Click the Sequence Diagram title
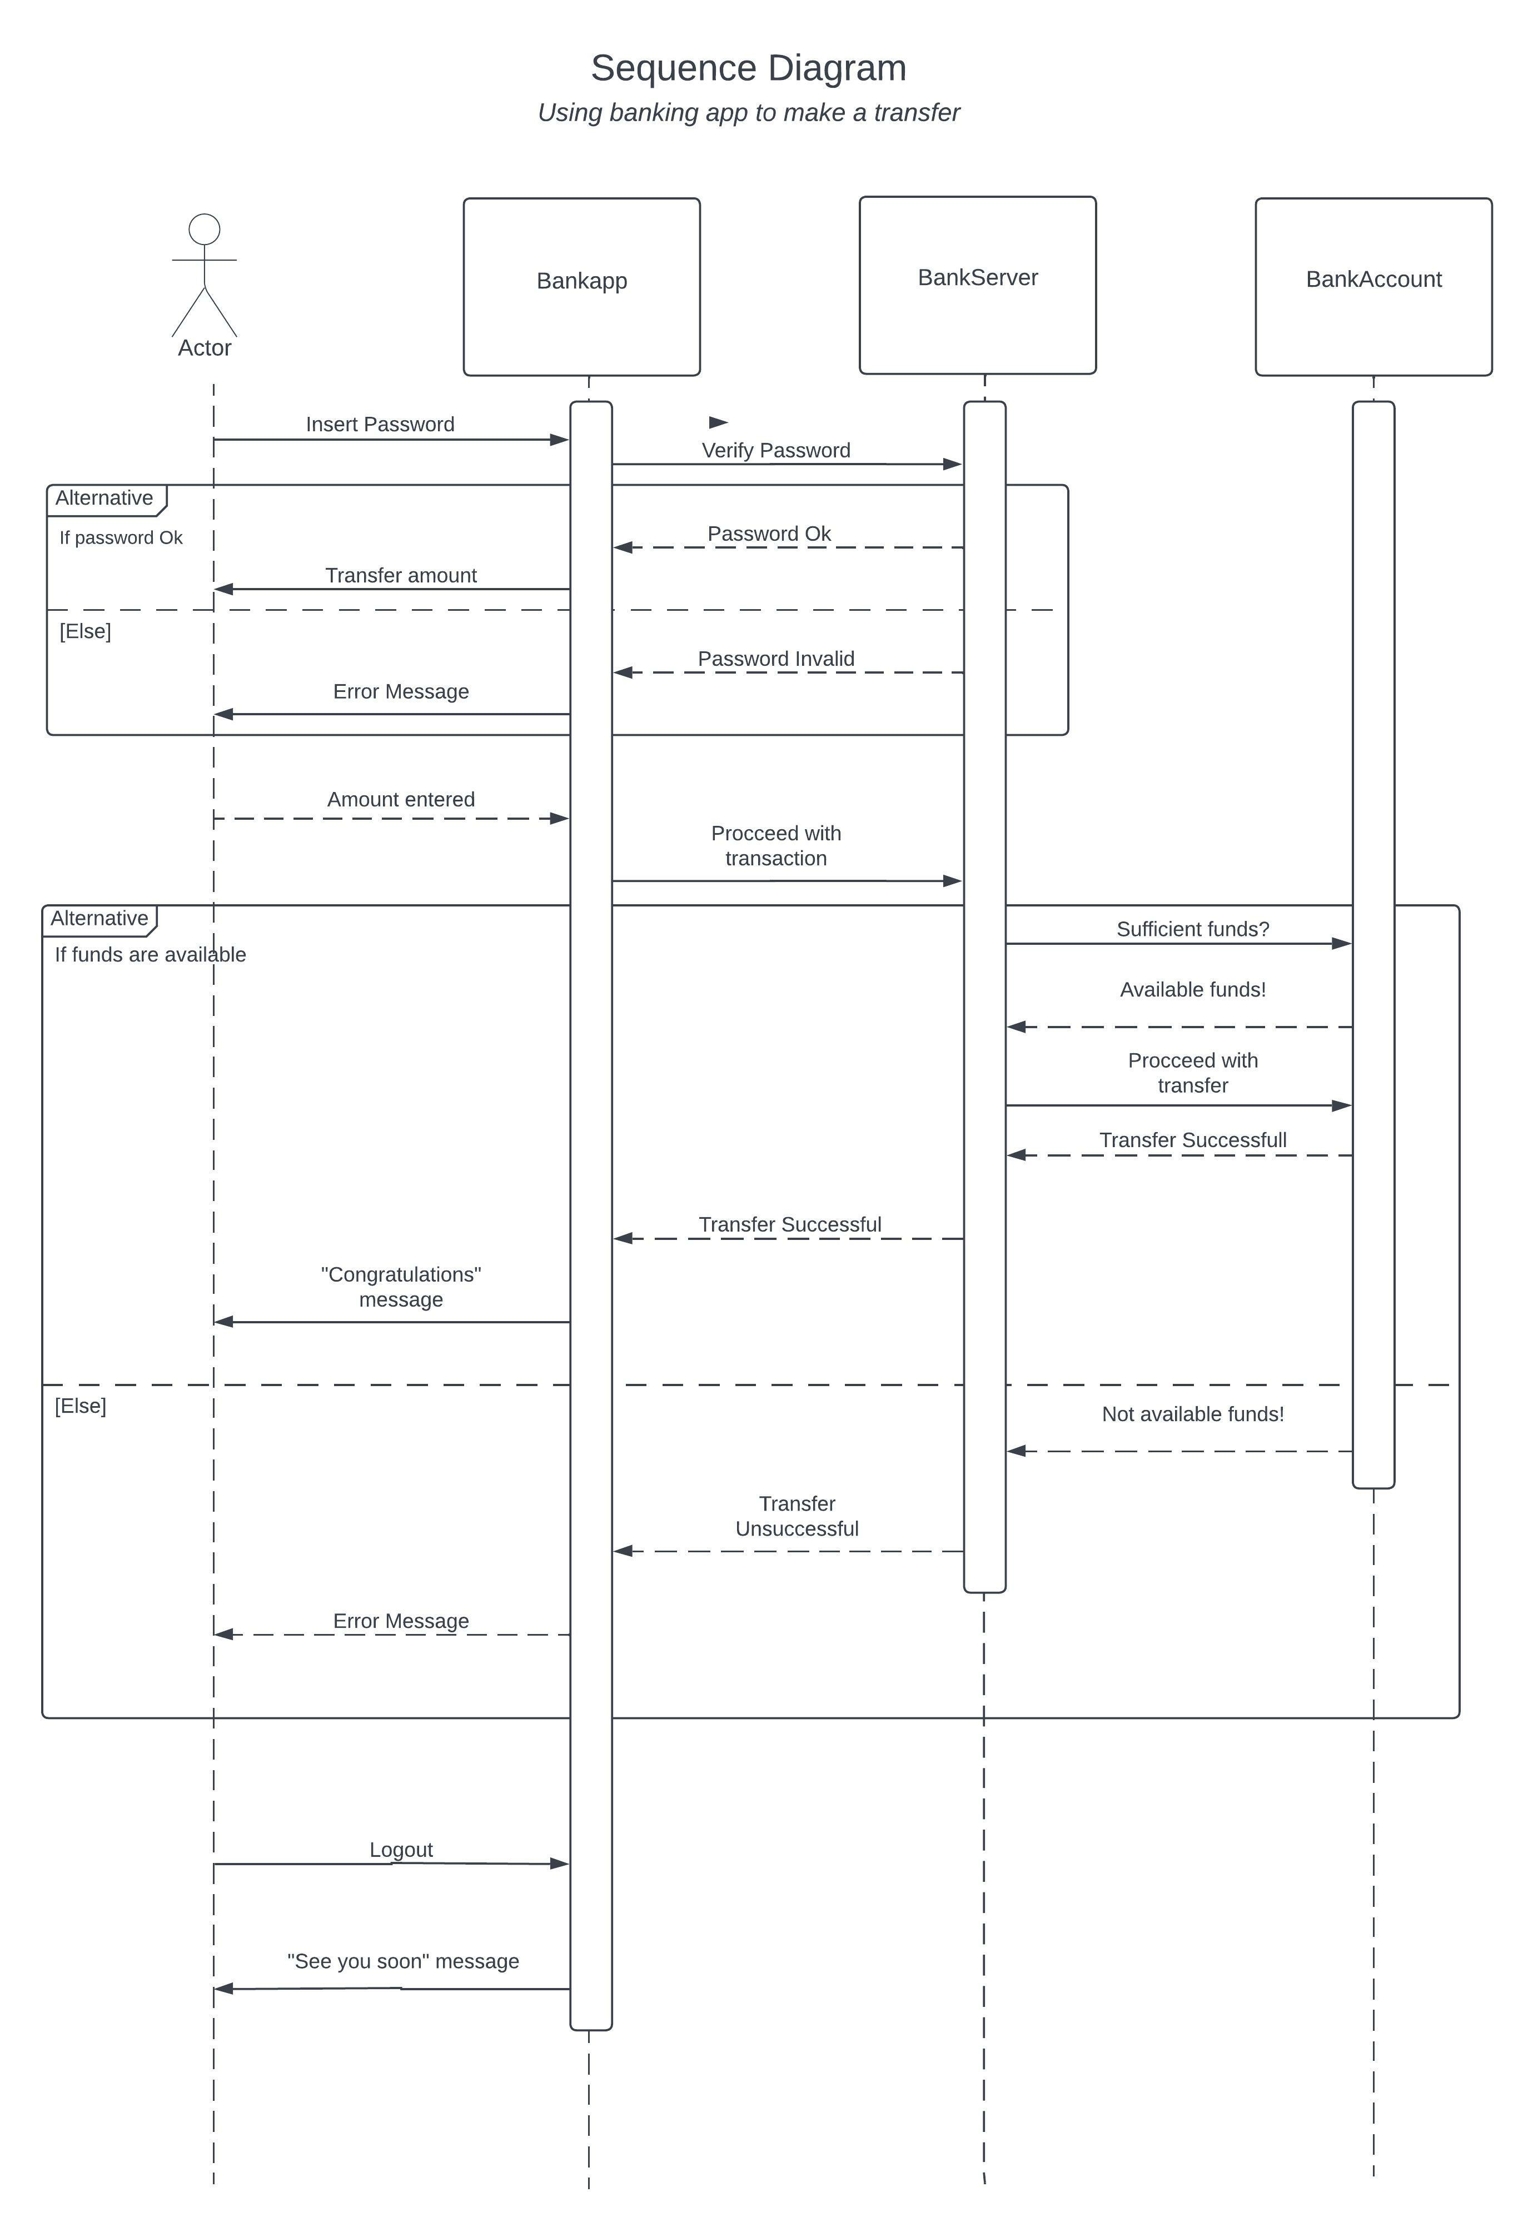click(x=748, y=68)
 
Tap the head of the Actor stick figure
click(x=205, y=230)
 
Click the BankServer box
click(x=977, y=285)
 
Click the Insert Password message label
click(x=380, y=425)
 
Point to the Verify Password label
click(x=775, y=450)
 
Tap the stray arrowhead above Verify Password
click(x=718, y=422)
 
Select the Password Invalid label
click(x=775, y=659)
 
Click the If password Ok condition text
click(x=121, y=538)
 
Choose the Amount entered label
click(x=401, y=799)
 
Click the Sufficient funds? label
click(x=1192, y=929)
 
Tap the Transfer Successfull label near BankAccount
click(x=1192, y=1140)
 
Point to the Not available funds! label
click(x=1192, y=1414)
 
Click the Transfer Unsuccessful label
click(x=797, y=1516)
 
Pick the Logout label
click(x=401, y=1850)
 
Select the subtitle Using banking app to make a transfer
click(x=748, y=112)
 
